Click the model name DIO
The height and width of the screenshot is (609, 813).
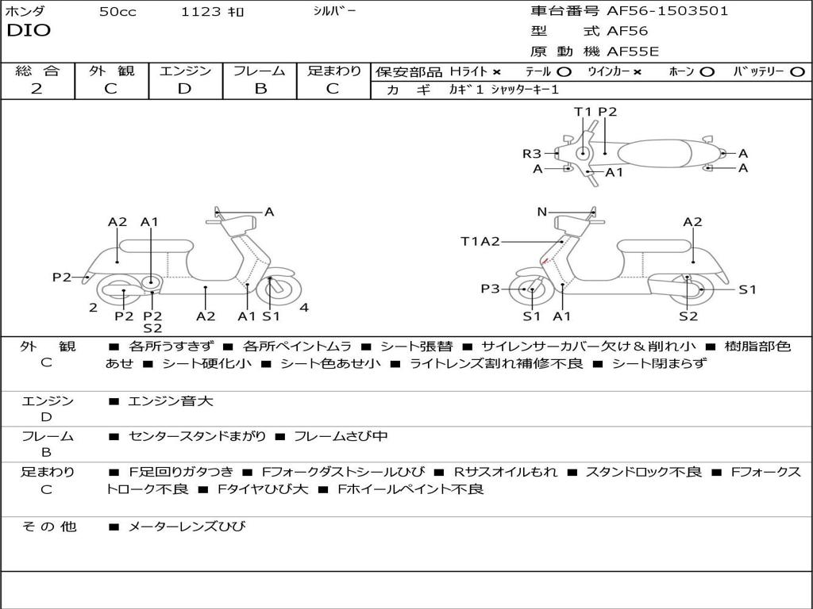[29, 31]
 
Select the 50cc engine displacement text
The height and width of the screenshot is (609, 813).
[118, 12]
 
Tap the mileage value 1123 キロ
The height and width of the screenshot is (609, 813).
[213, 12]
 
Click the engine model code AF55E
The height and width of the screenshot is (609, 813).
[633, 52]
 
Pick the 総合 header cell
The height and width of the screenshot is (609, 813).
[37, 71]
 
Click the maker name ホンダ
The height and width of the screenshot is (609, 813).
[25, 12]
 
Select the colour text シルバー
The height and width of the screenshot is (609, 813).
[334, 11]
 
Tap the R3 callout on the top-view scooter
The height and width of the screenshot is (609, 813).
[531, 154]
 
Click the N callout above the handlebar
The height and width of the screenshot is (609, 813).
[541, 212]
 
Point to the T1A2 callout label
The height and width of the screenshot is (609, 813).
[480, 241]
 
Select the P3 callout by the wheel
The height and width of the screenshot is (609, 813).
[490, 289]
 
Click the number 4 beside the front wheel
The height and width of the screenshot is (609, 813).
[304, 308]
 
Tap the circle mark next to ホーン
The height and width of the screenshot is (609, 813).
[707, 72]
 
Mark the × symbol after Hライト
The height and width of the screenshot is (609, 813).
[496, 72]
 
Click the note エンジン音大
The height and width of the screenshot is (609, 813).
[171, 401]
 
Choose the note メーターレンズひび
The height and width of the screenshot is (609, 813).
[187, 527]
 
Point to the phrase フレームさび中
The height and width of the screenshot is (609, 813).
[341, 436]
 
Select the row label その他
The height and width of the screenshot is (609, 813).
[48, 527]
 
